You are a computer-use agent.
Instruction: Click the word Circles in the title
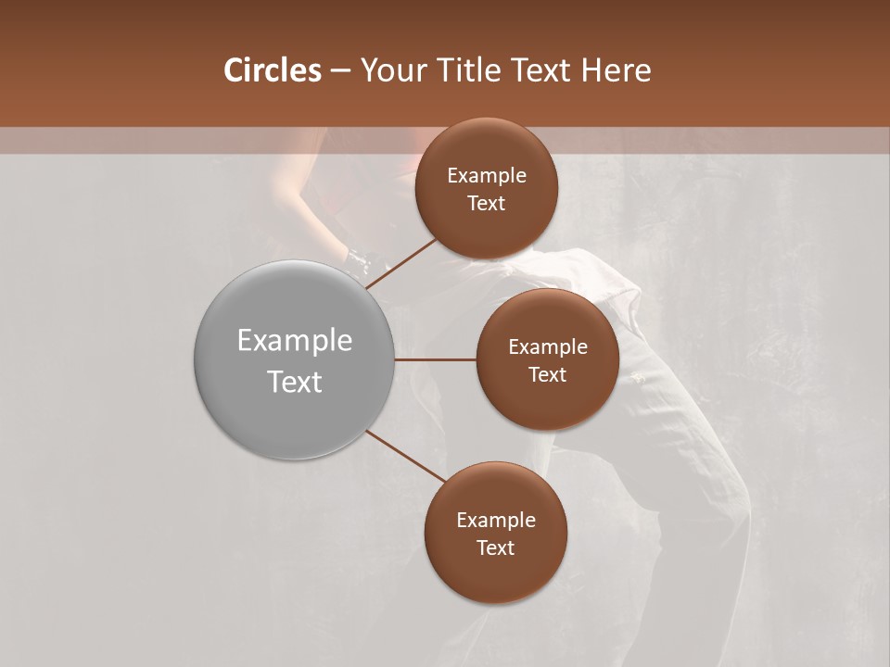coord(272,70)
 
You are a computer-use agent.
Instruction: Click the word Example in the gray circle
coord(294,341)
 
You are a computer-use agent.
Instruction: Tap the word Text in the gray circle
coord(294,382)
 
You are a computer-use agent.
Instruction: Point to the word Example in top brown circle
coord(486,176)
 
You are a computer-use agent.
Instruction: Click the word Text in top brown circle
coord(486,203)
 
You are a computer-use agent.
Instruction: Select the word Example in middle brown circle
coord(547,347)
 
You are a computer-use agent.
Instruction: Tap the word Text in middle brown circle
coord(547,374)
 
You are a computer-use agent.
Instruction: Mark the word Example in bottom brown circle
coord(495,521)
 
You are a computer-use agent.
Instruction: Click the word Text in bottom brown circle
coord(495,547)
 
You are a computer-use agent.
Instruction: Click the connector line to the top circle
coord(401,263)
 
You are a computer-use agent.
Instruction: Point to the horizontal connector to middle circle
coord(435,359)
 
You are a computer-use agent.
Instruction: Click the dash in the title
coord(340,70)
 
